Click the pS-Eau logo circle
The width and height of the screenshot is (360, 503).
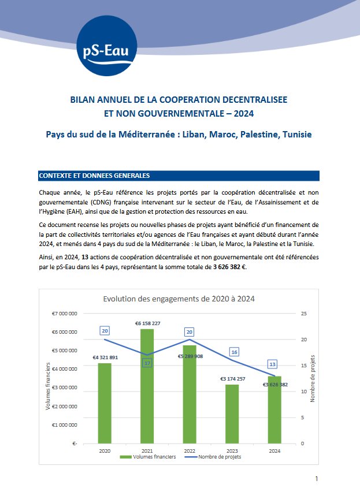pos(107,47)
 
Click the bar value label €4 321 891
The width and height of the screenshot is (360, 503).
pos(105,357)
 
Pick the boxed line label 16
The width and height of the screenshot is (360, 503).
pos(234,352)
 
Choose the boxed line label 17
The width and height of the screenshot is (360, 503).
pos(147,363)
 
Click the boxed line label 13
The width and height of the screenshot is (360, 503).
pos(273,364)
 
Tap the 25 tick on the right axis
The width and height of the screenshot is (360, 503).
pos(304,313)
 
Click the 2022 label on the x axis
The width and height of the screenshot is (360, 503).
pos(190,450)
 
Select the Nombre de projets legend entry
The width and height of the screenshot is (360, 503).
pos(215,457)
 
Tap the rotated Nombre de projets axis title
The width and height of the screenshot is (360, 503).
pos(313,378)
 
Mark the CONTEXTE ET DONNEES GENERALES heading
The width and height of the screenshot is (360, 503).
pos(94,175)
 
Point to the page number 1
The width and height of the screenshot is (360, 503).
pos(317,479)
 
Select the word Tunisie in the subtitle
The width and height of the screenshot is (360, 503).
pos(296,135)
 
